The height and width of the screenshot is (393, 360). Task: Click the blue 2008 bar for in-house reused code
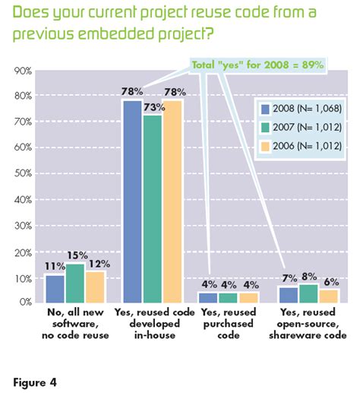click(132, 201)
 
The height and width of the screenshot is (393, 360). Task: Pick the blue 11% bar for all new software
click(55, 288)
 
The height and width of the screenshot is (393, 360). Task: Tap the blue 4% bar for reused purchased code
click(209, 296)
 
